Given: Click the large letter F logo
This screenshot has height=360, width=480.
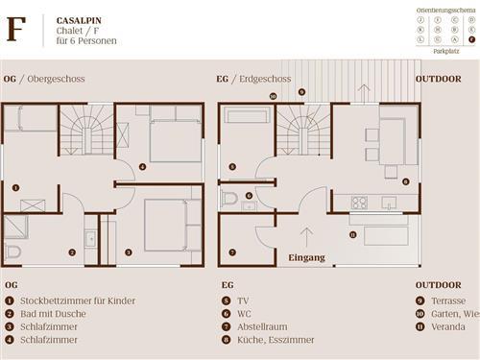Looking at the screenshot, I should pyautogui.click(x=15, y=30).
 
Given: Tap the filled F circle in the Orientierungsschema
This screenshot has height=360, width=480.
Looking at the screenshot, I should pyautogui.click(x=470, y=39).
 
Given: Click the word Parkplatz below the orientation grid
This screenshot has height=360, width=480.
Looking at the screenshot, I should pyautogui.click(x=445, y=51).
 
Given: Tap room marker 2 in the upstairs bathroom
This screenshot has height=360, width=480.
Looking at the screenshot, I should pyautogui.click(x=71, y=252).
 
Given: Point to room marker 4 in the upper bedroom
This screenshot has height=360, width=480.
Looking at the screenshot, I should pyautogui.click(x=142, y=167).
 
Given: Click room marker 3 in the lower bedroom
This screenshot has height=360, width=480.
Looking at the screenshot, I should pyautogui.click(x=128, y=252).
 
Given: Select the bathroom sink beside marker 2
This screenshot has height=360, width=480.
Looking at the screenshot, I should pyautogui.click(x=89, y=239).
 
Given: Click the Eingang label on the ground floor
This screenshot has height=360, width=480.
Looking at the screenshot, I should pyautogui.click(x=306, y=257).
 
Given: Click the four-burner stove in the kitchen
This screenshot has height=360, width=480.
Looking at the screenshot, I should pyautogui.click(x=360, y=202).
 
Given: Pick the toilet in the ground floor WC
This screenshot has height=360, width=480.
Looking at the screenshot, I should pyautogui.click(x=228, y=199).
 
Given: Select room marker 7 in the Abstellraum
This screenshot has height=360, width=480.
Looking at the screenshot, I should pyautogui.click(x=231, y=252).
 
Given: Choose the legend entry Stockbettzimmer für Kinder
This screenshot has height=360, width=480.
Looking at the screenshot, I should pyautogui.click(x=77, y=300).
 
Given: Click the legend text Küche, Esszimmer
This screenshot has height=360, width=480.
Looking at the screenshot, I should pyautogui.click(x=271, y=339).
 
